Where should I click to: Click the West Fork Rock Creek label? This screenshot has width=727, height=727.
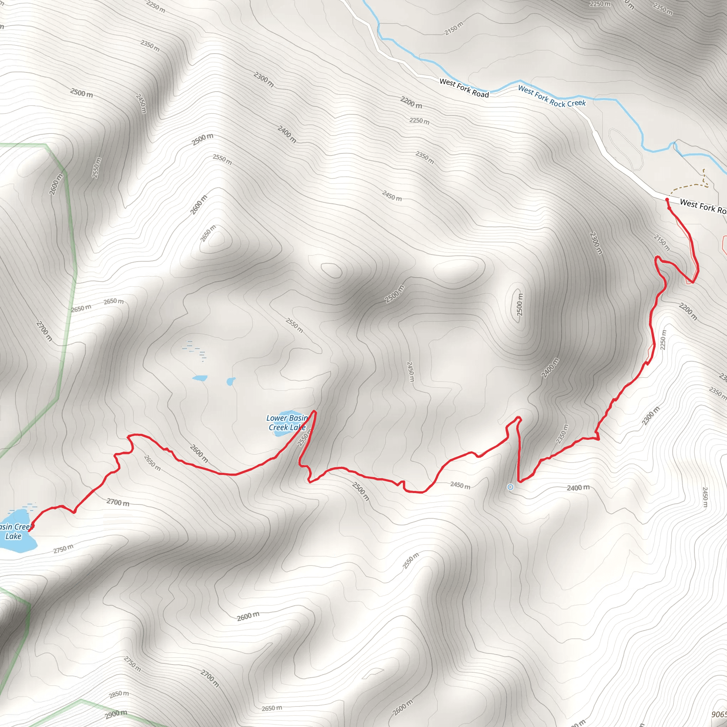(552, 96)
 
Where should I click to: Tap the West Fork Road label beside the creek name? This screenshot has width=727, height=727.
(464, 88)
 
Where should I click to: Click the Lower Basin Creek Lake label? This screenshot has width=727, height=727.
(287, 422)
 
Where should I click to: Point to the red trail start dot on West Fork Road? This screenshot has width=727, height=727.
(667, 199)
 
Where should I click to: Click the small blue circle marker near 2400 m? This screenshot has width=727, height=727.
(510, 487)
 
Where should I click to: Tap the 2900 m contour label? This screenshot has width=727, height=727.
(116, 714)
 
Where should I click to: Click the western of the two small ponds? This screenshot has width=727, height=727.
(199, 378)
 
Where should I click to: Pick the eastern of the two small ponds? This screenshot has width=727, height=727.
(230, 382)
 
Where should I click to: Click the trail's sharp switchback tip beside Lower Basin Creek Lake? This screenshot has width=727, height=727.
(315, 412)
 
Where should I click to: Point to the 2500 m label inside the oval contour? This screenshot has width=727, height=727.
(520, 305)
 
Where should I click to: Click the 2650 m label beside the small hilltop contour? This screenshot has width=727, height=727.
(208, 234)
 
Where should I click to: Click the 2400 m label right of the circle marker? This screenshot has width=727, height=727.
(578, 488)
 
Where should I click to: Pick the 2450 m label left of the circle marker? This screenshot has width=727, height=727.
(460, 485)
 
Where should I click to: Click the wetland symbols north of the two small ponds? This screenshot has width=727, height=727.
(194, 350)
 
